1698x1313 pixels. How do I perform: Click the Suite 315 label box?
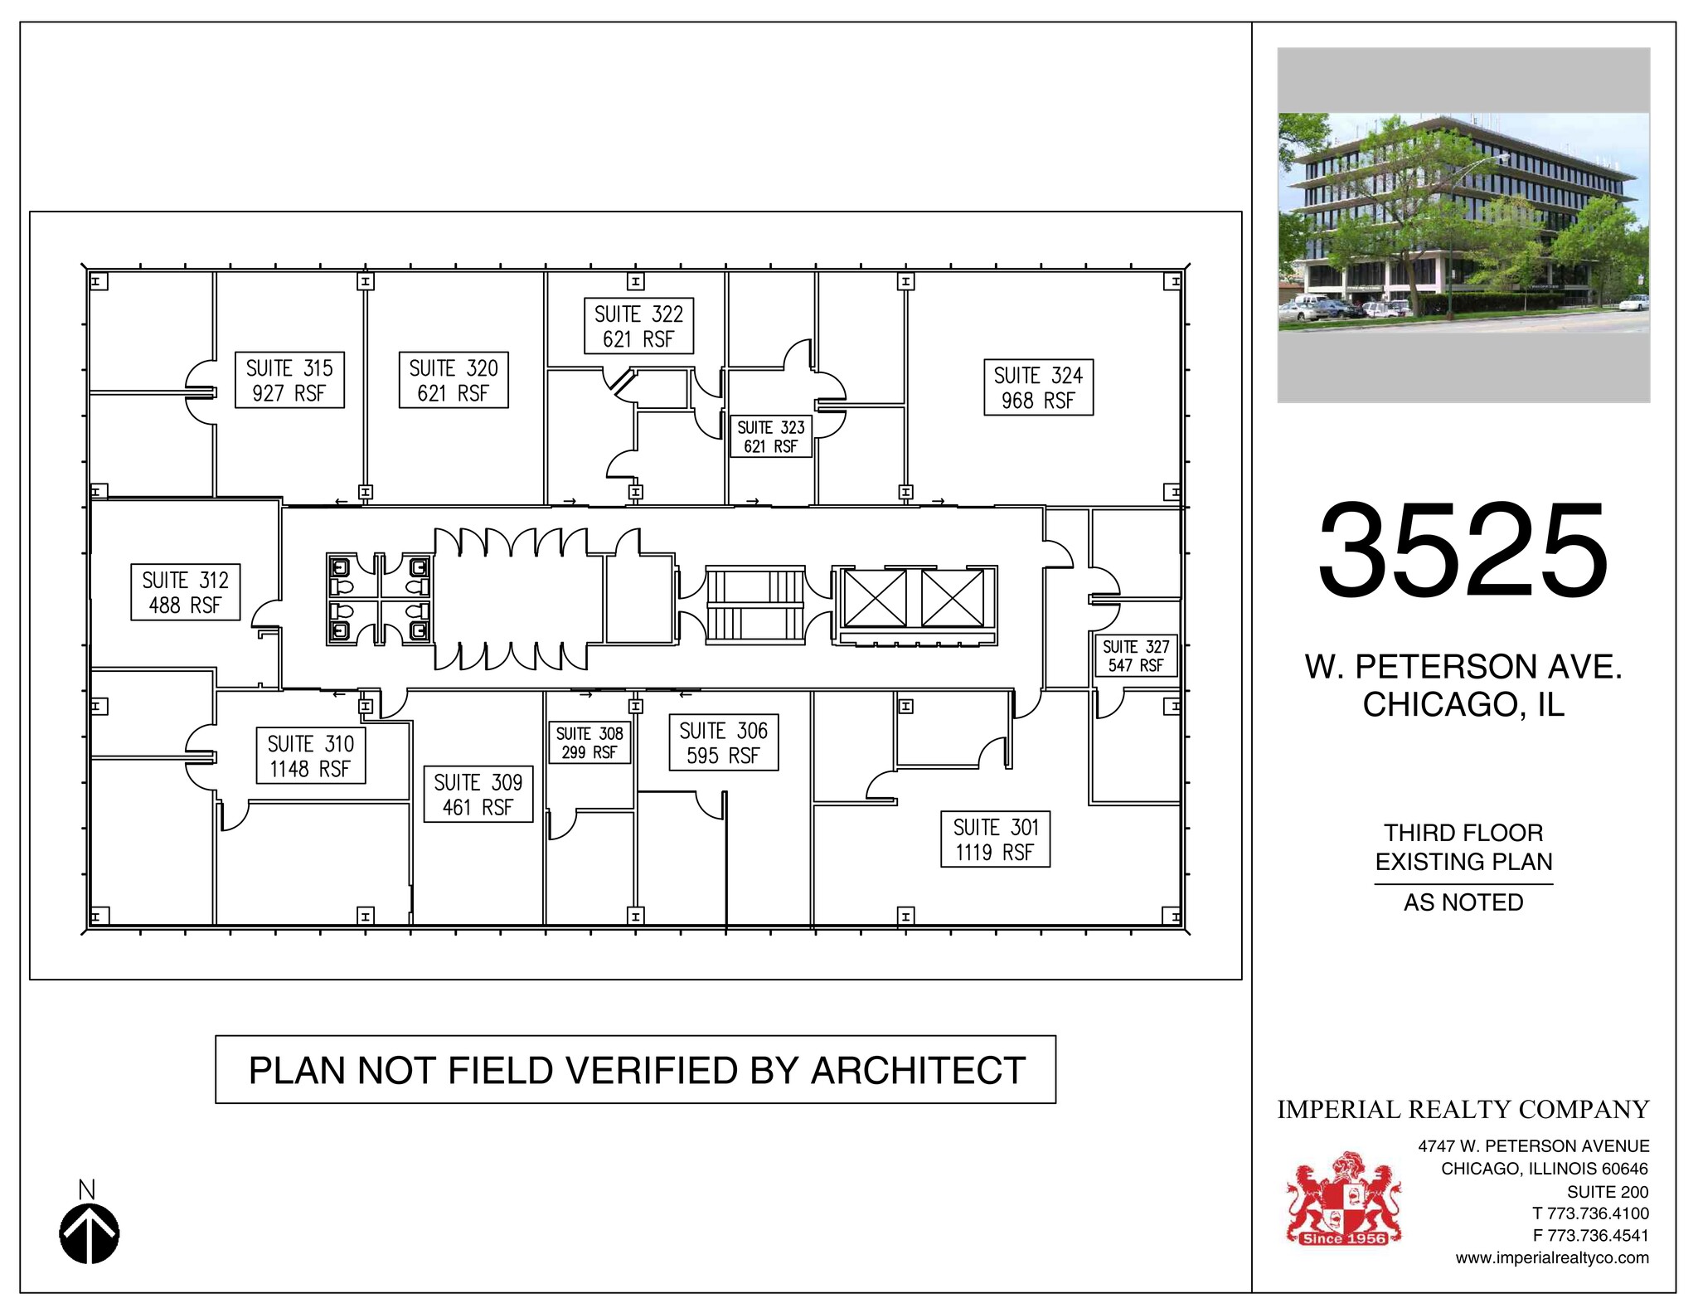pyautogui.click(x=289, y=381)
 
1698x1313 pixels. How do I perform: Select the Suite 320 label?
pyautogui.click(x=454, y=381)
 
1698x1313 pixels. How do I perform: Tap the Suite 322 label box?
pyautogui.click(x=638, y=327)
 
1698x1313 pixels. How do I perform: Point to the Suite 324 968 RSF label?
pyautogui.click(x=1038, y=387)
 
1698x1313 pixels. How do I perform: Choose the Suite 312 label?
pyautogui.click(x=185, y=592)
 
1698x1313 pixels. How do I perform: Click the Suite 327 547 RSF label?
pyautogui.click(x=1136, y=655)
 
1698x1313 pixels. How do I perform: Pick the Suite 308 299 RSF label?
pyautogui.click(x=589, y=742)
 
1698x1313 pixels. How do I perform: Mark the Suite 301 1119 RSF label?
pyautogui.click(x=995, y=839)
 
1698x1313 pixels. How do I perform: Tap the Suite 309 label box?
pyautogui.click(x=478, y=795)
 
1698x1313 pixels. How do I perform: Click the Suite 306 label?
pyautogui.click(x=723, y=743)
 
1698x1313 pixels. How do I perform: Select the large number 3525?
pyautogui.click(x=1463, y=551)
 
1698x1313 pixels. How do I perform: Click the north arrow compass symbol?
pyautogui.click(x=90, y=1233)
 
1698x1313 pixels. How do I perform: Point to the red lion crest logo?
pyautogui.click(x=1343, y=1199)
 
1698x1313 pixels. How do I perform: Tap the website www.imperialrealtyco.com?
pyautogui.click(x=1552, y=1257)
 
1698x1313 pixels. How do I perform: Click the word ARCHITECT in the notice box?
pyautogui.click(x=918, y=1070)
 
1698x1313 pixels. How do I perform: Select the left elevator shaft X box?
pyautogui.click(x=876, y=598)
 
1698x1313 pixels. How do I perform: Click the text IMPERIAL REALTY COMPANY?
pyautogui.click(x=1463, y=1109)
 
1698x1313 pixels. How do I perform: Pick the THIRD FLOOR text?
pyautogui.click(x=1463, y=833)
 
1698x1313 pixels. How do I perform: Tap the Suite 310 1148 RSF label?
pyautogui.click(x=310, y=756)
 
